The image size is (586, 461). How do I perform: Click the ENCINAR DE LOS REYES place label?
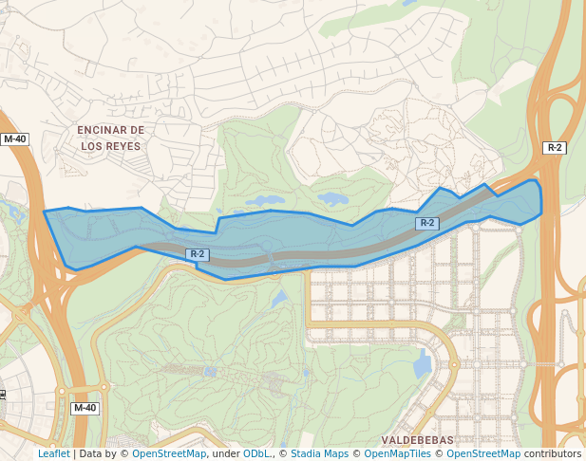110,138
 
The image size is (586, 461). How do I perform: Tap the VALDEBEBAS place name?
417,440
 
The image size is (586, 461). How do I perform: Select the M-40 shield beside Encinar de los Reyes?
15,138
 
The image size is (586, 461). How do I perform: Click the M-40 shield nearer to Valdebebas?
85,408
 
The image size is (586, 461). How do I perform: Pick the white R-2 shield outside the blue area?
555,147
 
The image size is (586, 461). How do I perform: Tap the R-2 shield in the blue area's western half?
197,254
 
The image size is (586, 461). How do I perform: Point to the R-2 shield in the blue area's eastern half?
427,223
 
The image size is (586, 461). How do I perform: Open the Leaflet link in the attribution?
53,453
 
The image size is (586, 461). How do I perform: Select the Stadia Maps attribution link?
319,453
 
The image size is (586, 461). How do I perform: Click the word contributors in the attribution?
553,453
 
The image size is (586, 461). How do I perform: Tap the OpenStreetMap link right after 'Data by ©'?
169,453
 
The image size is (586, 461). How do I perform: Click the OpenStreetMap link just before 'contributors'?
483,453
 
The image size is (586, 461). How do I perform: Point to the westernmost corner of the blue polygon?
45,212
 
